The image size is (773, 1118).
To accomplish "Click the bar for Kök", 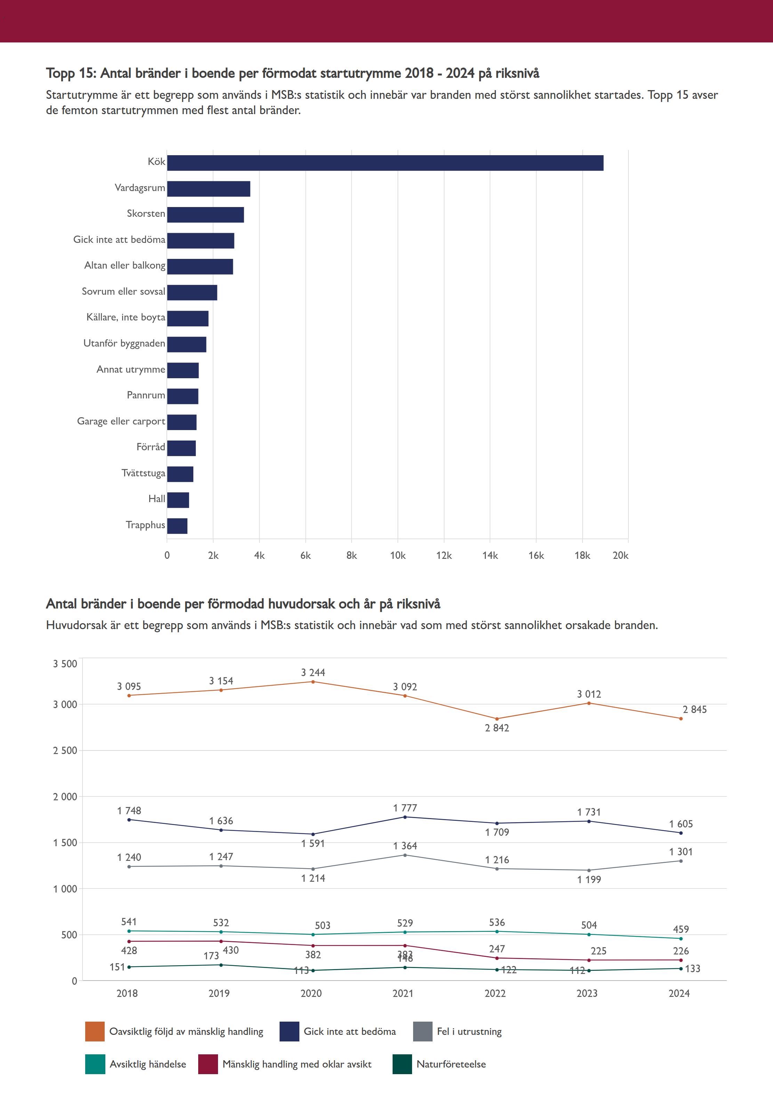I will [385, 163].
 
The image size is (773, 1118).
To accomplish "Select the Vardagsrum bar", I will [208, 189].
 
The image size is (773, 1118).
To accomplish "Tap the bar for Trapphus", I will [177, 526].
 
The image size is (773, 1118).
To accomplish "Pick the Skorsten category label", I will [146, 214].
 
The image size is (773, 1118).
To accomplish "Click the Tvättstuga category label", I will [143, 473].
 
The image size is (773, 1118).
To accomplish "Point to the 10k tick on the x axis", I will [398, 555].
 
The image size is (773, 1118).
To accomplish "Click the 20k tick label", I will [620, 555].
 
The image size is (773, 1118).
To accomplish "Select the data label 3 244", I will [313, 672].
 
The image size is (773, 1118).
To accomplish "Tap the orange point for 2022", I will [497, 719].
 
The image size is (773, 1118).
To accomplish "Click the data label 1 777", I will [405, 808].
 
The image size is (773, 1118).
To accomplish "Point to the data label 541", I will [129, 922].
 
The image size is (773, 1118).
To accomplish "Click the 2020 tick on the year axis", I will [311, 993].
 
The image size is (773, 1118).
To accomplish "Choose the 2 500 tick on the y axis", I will [65, 751].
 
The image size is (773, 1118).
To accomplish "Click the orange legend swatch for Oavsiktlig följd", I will [95, 1032].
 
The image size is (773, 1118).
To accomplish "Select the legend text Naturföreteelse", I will [451, 1064].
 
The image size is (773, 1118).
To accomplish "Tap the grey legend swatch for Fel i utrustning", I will [422, 1032].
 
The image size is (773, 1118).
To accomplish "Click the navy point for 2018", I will [129, 819].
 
